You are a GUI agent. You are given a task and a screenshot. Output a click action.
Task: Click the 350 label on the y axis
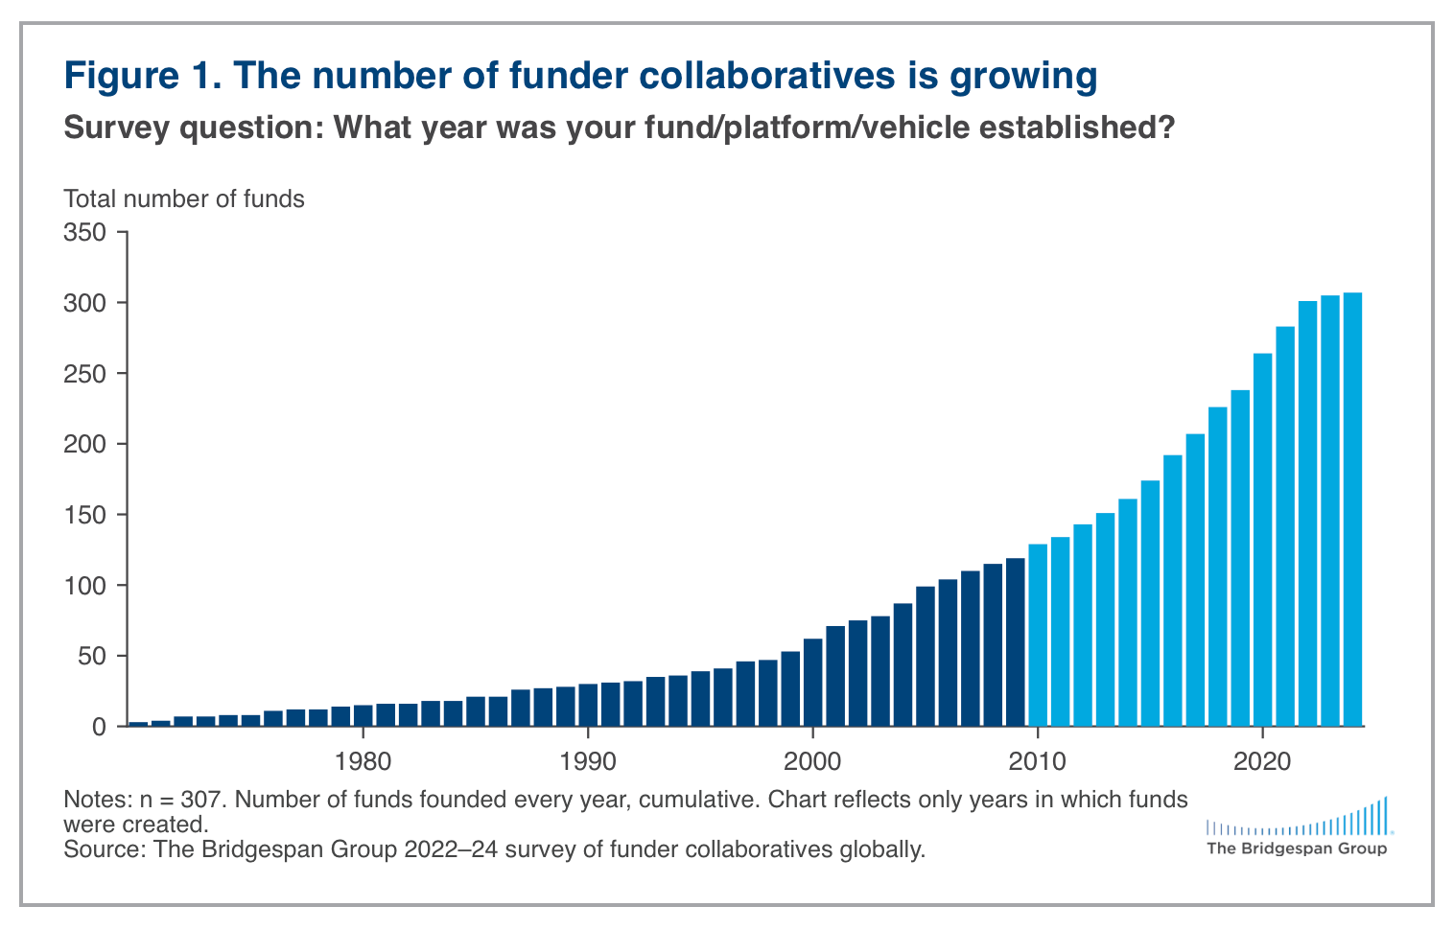pyautogui.click(x=83, y=232)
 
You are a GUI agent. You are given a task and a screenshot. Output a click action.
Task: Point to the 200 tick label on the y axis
pyautogui.click(x=83, y=444)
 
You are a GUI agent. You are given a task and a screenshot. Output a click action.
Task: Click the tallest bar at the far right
pyautogui.click(x=1352, y=509)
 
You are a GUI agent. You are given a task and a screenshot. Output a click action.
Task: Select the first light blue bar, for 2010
pyautogui.click(x=1038, y=635)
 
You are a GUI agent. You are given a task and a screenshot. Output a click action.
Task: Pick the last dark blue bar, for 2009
pyautogui.click(x=1015, y=642)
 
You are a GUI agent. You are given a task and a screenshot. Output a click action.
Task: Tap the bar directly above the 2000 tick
pyautogui.click(x=812, y=682)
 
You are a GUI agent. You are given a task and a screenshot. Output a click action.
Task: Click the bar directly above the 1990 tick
pyautogui.click(x=588, y=705)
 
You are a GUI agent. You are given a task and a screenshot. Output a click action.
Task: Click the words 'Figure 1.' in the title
pyautogui.click(x=143, y=76)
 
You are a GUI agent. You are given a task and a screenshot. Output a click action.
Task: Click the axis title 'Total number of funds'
pyautogui.click(x=184, y=199)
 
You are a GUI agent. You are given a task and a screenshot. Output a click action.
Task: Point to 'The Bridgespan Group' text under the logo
pyautogui.click(x=1296, y=849)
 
